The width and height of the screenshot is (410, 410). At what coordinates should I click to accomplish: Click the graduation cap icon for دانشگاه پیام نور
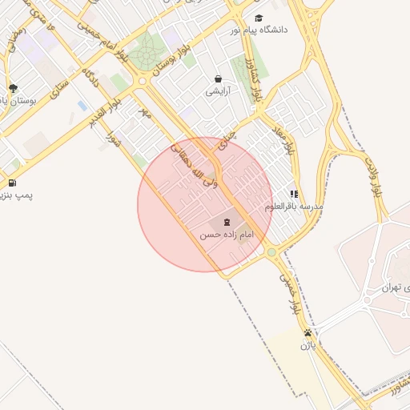pyautogui.click(x=258, y=18)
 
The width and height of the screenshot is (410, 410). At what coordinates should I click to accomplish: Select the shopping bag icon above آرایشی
pyautogui.click(x=218, y=78)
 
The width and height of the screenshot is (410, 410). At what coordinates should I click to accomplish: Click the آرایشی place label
pyautogui.click(x=218, y=91)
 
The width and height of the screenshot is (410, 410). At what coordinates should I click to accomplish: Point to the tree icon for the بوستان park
pyautogui.click(x=12, y=88)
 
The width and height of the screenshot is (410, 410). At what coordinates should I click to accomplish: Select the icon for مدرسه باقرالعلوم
pyautogui.click(x=294, y=194)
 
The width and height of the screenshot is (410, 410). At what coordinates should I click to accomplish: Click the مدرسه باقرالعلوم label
pyautogui.click(x=295, y=207)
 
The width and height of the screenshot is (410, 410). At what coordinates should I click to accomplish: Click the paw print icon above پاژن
pyautogui.click(x=307, y=333)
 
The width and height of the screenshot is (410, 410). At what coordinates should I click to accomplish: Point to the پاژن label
pyautogui.click(x=308, y=346)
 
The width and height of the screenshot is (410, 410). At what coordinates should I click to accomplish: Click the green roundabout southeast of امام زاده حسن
pyautogui.click(x=271, y=252)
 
